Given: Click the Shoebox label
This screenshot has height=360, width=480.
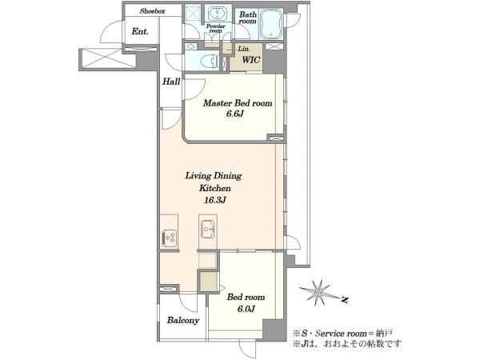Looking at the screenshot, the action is (x=153, y=11).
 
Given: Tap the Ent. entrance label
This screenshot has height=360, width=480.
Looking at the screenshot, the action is (x=140, y=31).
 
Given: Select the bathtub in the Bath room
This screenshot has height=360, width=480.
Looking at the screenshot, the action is (x=271, y=24).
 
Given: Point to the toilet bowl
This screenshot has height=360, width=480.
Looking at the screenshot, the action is (x=208, y=62).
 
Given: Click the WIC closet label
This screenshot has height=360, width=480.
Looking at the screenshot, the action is (x=251, y=60).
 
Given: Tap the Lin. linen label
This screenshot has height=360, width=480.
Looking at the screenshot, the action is (x=244, y=49).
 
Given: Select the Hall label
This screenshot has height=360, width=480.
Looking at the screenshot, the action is (x=171, y=82).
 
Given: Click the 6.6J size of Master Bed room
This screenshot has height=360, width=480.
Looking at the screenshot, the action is (x=234, y=114).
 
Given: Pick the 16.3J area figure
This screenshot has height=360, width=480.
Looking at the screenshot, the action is (x=215, y=200).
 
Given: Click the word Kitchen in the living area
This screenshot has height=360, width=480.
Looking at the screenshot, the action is (x=215, y=188).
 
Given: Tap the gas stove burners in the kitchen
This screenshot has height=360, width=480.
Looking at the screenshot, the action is (x=170, y=238).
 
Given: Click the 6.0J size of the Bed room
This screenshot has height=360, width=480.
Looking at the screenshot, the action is (x=246, y=309).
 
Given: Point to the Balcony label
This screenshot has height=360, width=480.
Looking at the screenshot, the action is (x=183, y=321).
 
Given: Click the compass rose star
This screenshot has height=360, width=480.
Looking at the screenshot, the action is (x=318, y=292).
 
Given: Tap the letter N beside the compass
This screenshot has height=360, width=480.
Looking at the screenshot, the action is (x=344, y=300).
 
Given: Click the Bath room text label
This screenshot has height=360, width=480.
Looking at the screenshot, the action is (x=248, y=18).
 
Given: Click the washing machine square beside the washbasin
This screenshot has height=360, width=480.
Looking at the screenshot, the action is (x=193, y=14).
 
